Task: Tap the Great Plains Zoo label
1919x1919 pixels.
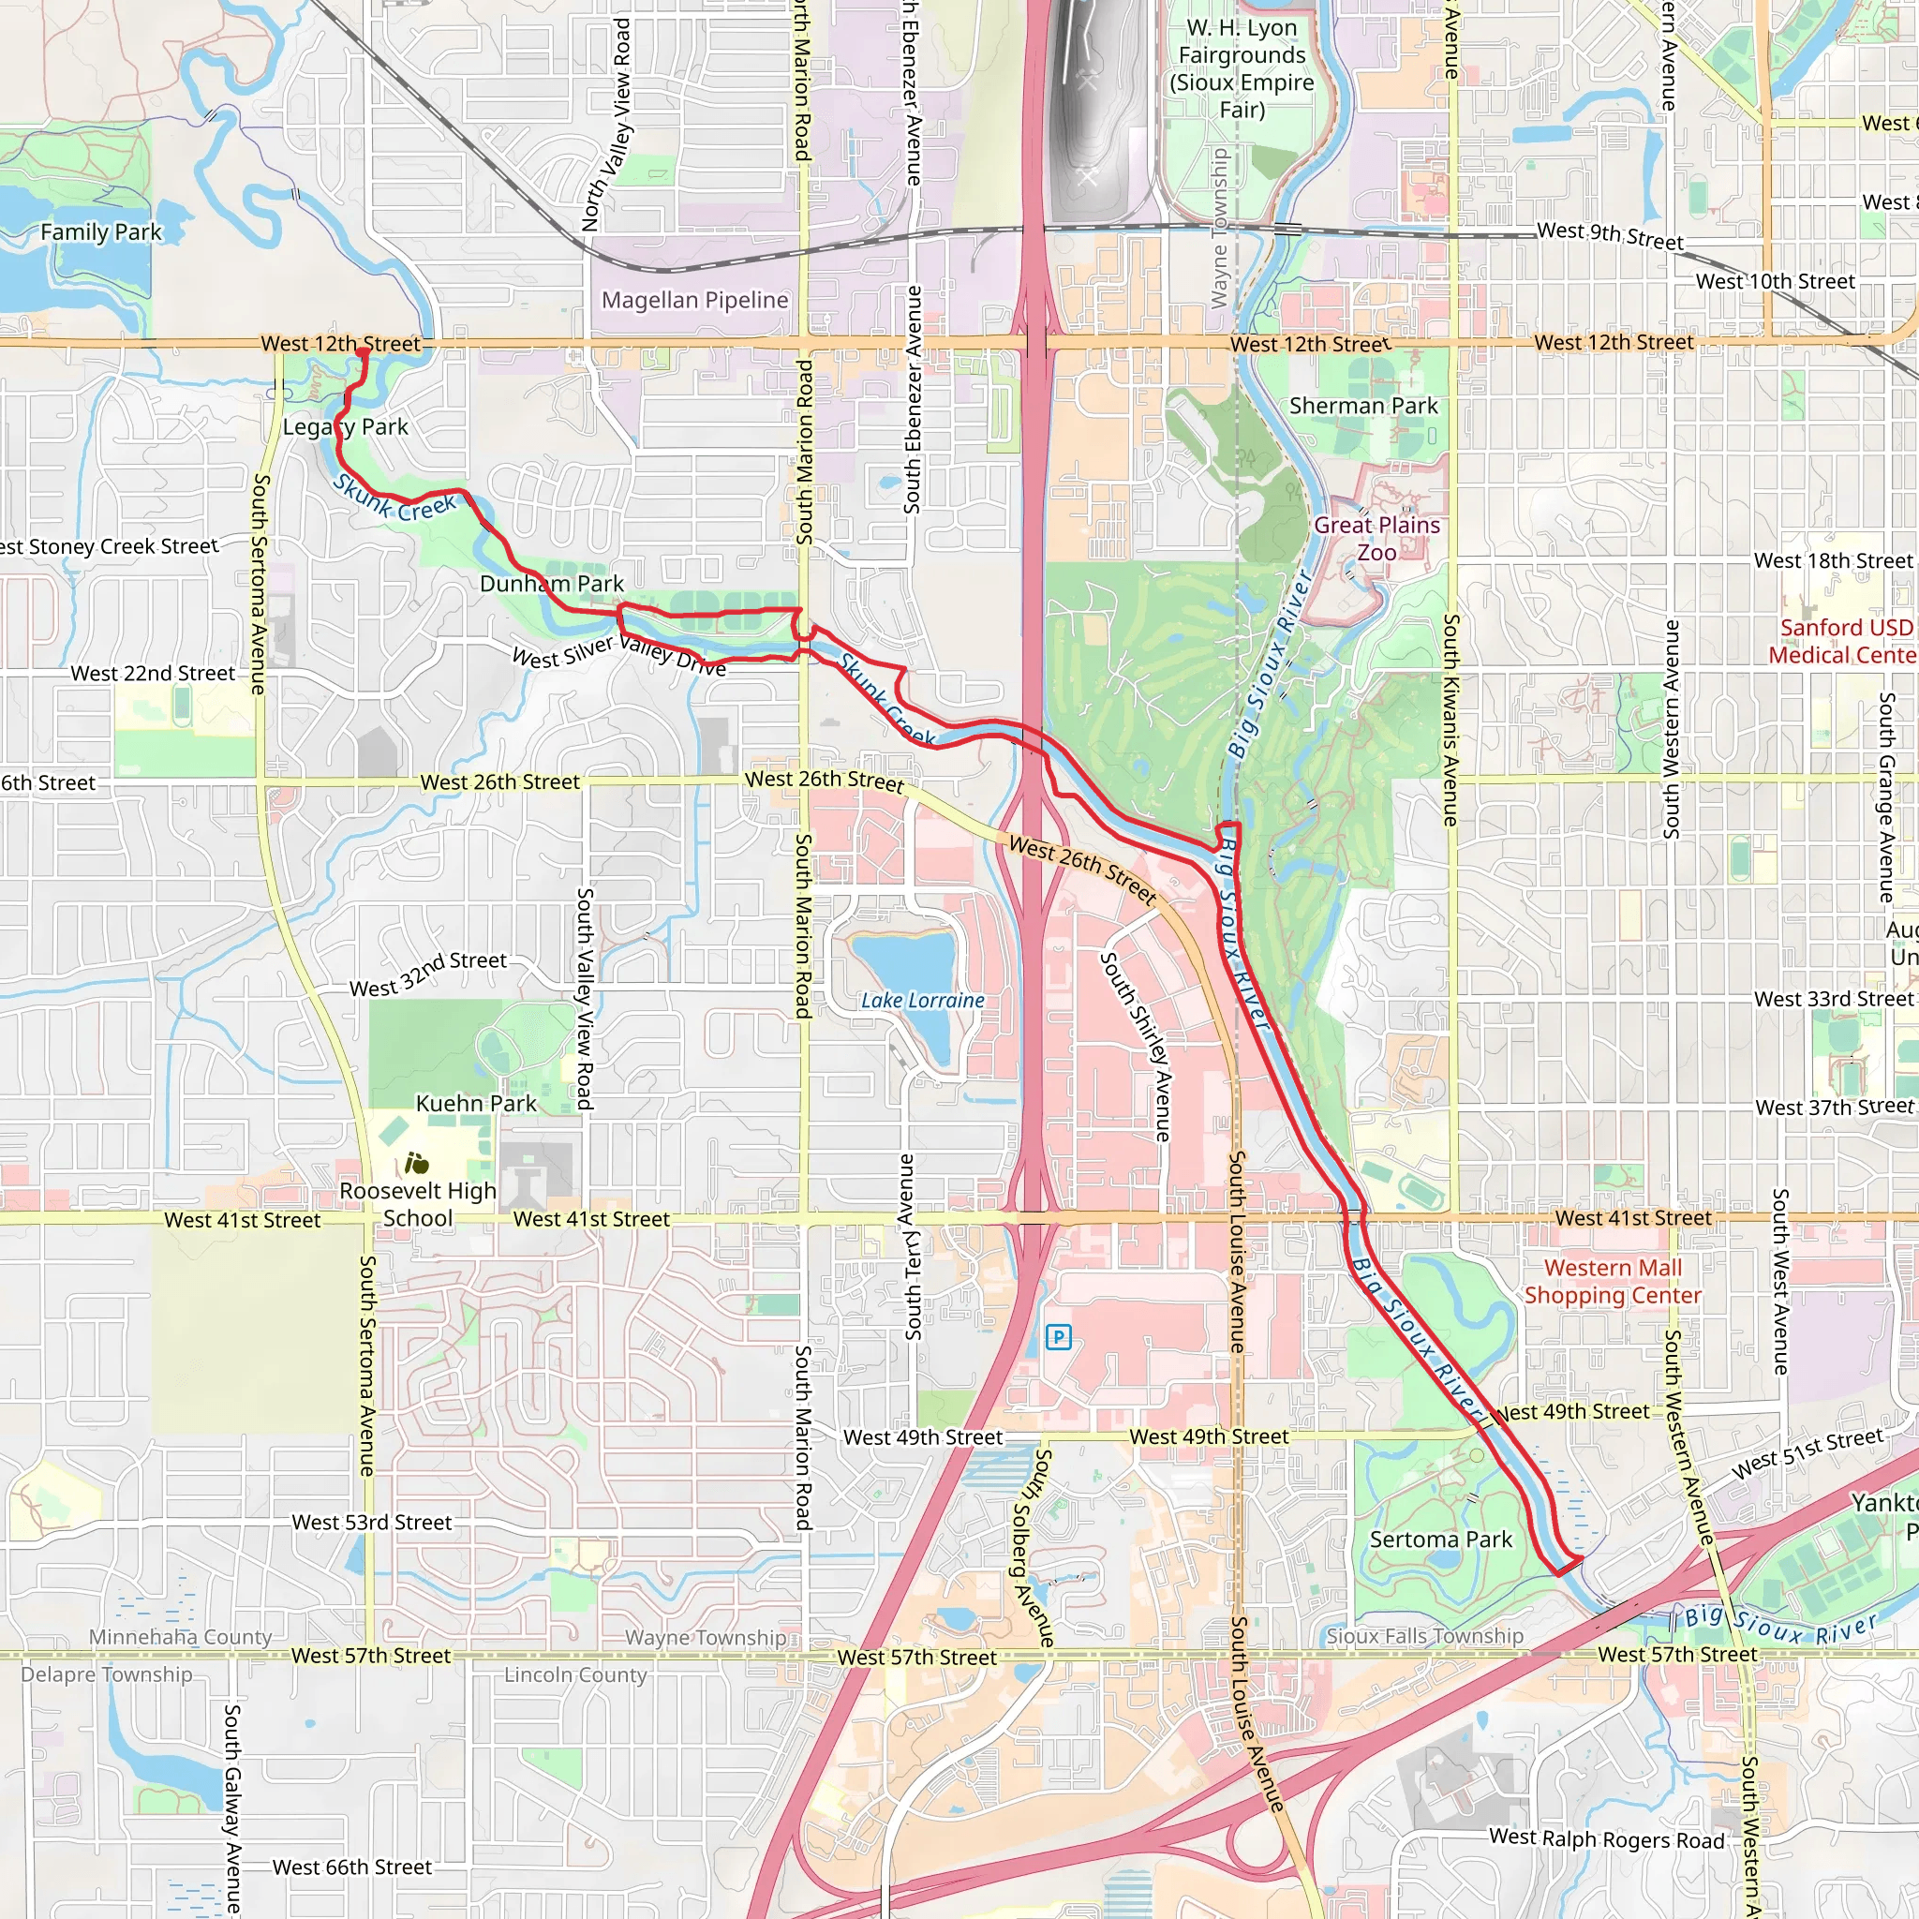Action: coord(1376,539)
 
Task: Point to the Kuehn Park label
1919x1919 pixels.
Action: coord(476,1104)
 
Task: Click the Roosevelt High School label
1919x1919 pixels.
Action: coord(417,1204)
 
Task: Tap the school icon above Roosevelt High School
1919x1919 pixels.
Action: coord(416,1162)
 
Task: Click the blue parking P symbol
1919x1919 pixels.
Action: coord(1059,1337)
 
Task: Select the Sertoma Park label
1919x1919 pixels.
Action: coord(1440,1540)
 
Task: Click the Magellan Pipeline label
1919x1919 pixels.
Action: coord(694,300)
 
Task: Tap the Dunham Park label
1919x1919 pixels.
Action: coord(551,584)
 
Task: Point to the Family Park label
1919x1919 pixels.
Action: coord(100,232)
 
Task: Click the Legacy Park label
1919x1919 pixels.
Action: coord(346,427)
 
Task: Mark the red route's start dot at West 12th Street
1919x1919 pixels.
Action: coord(363,352)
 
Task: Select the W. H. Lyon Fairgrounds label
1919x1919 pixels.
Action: coord(1242,68)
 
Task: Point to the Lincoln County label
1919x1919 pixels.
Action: coord(575,1675)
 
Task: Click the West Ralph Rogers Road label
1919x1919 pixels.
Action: coord(1606,1838)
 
